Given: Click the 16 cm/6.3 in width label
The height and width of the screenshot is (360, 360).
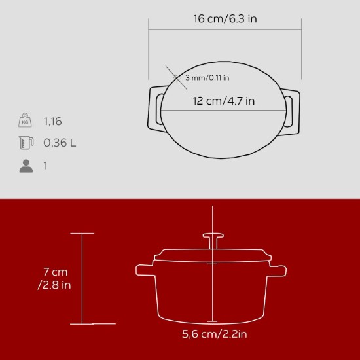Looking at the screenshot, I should point(225,18).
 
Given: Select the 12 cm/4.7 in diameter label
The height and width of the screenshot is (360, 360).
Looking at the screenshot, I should point(225,101).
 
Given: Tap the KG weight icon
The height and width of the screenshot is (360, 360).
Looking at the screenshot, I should point(26,121).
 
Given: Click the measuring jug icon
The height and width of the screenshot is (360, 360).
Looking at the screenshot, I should point(26,143).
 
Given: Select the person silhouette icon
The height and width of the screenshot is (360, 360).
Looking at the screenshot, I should point(26,166).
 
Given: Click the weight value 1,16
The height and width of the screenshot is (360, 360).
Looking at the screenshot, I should point(53,121).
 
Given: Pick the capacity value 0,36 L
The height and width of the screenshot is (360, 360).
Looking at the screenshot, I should point(60,143).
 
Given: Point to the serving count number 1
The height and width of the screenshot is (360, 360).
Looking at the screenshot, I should point(46,166).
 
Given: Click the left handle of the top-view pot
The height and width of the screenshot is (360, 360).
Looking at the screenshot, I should point(157,106).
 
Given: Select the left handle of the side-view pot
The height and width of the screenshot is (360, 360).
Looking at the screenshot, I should point(144,270).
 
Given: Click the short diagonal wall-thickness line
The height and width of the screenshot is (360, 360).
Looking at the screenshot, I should point(173,75).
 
